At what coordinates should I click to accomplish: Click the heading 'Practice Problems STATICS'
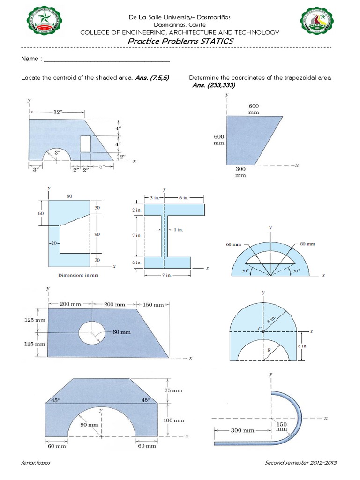(x=180, y=41)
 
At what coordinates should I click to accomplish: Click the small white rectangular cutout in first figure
(x=86, y=143)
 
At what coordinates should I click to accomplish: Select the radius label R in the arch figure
(x=269, y=349)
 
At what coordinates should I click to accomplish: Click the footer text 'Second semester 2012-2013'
(x=301, y=463)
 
